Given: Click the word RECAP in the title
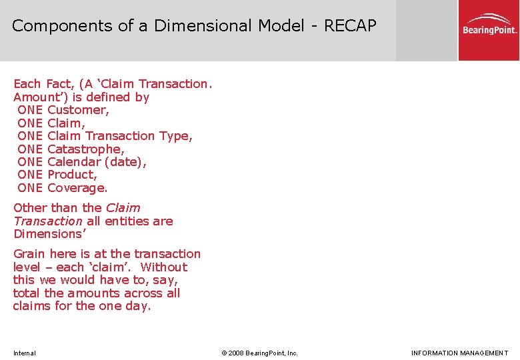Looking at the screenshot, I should click(x=350, y=26).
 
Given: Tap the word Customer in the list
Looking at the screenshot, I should click(x=78, y=110).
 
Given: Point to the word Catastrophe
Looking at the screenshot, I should click(x=85, y=149).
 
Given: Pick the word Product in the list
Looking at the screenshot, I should click(x=72, y=175).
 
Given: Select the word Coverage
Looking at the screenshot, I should click(x=77, y=188).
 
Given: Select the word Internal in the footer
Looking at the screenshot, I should click(x=25, y=353).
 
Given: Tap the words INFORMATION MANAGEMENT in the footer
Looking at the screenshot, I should click(x=459, y=353).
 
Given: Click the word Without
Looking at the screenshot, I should click(x=165, y=267).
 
